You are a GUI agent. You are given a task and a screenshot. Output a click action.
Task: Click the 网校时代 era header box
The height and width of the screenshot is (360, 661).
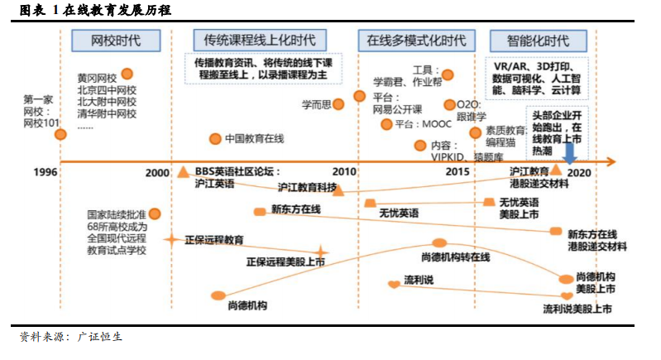click(116, 41)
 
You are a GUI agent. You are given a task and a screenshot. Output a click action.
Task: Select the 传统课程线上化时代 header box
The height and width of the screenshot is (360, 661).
click(260, 41)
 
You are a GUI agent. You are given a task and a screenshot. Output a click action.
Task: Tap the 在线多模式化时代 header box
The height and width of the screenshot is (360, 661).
click(416, 41)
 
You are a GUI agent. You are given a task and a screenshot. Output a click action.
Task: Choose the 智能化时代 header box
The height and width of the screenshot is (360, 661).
click(538, 41)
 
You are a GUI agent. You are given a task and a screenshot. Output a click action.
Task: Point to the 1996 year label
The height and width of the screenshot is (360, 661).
click(46, 172)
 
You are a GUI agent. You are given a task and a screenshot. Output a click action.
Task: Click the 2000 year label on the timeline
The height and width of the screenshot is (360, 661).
click(157, 173)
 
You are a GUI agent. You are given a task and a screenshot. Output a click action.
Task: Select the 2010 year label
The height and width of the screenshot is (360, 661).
click(344, 171)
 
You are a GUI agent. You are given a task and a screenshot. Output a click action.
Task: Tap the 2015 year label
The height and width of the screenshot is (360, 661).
click(457, 171)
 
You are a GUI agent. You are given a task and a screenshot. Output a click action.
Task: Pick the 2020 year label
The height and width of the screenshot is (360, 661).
click(579, 173)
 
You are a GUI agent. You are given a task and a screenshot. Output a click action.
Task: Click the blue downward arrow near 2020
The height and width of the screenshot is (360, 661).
click(569, 153)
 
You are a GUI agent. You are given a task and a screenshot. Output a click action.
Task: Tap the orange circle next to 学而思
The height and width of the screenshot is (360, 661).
click(338, 104)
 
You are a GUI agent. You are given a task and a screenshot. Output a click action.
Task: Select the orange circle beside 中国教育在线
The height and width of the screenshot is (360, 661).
click(215, 139)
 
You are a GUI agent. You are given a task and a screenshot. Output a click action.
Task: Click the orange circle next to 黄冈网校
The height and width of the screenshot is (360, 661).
click(127, 74)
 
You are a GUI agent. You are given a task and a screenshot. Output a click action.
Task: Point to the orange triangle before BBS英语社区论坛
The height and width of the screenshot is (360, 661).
click(183, 171)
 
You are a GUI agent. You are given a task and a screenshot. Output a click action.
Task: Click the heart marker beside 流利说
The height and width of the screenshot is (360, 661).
click(394, 284)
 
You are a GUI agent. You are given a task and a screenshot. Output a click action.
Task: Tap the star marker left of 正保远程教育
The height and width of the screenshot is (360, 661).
click(171, 240)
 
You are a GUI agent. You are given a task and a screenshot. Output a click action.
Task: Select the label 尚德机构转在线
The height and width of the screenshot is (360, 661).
click(455, 257)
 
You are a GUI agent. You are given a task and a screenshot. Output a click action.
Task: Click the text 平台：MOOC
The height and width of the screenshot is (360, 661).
click(424, 124)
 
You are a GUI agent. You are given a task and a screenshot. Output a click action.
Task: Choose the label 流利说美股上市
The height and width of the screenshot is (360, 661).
click(577, 309)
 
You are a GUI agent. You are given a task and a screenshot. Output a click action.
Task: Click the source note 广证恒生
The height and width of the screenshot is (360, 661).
click(100, 336)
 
